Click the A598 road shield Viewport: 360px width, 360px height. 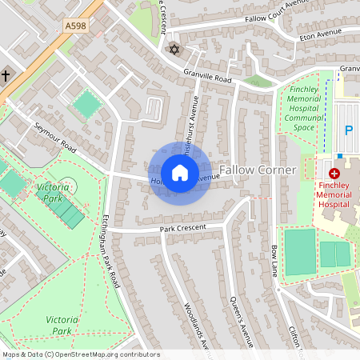[x=76, y=26]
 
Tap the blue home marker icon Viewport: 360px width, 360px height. [x=179, y=173]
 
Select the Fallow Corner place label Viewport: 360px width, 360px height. [x=258, y=170]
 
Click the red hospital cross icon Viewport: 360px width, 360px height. [x=334, y=173]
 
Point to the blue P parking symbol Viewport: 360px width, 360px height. [x=348, y=130]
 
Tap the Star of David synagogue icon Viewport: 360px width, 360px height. [x=173, y=50]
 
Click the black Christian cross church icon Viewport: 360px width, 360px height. [x=6, y=76]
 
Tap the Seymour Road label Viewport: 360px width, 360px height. [x=54, y=138]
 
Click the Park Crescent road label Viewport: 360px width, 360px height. [x=182, y=228]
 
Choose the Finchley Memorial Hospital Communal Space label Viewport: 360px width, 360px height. [x=304, y=108]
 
